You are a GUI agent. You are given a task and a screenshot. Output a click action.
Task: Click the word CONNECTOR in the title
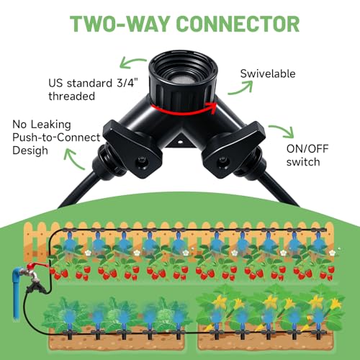pyautogui.click(x=238, y=24)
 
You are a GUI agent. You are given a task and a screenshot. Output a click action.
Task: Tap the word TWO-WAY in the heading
pyautogui.click(x=119, y=24)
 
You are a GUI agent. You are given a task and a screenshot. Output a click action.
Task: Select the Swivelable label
pyautogui.click(x=268, y=73)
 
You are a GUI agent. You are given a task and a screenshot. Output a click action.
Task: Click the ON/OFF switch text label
pyautogui.click(x=307, y=156)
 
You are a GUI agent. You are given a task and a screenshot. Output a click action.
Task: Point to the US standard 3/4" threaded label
pyautogui.click(x=94, y=89)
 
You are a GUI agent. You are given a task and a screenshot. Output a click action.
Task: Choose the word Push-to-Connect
pyautogui.click(x=56, y=138)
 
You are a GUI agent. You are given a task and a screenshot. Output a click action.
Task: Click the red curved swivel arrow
pyautogui.click(x=184, y=109)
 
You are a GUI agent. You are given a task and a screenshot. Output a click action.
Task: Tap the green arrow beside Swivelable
pyautogui.click(x=241, y=88)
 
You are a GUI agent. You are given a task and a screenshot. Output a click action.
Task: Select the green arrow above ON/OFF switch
pyautogui.click(x=283, y=131)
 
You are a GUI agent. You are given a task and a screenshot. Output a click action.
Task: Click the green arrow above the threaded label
pyautogui.click(x=132, y=62)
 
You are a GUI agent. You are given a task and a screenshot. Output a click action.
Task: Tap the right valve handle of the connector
pyautogui.click(x=233, y=150)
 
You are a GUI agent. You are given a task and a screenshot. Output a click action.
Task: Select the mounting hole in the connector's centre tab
pyautogui.click(x=180, y=142)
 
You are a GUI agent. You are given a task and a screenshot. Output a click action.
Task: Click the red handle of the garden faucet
pyautogui.click(x=37, y=266)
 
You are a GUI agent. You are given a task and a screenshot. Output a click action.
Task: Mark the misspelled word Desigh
pyautogui.click(x=30, y=150)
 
